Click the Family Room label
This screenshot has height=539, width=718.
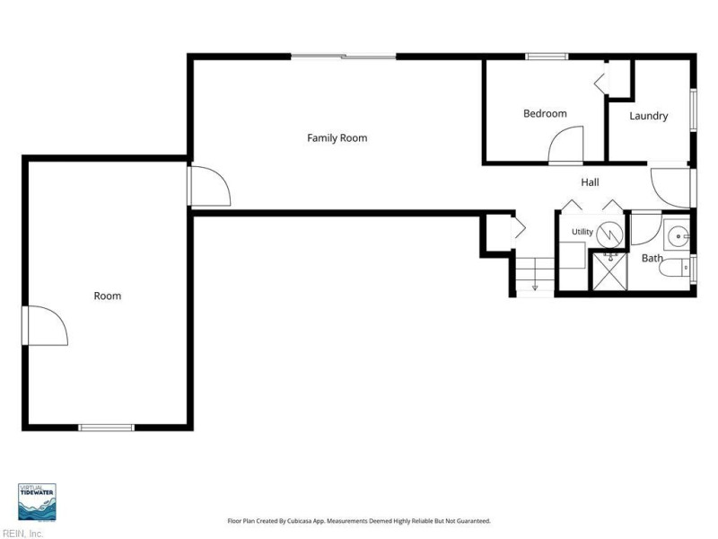tap(337, 138)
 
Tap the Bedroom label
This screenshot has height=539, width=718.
tap(545, 113)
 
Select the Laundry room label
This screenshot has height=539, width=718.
tap(648, 116)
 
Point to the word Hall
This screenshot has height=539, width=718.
tap(590, 182)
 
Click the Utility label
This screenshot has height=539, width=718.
tap(582, 232)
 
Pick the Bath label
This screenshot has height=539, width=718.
tap(652, 258)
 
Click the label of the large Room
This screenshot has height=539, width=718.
tap(108, 296)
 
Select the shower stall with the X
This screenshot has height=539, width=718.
tap(610, 272)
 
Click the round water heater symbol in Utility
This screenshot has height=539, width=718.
tap(610, 234)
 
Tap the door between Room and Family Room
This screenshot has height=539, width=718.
tap(209, 186)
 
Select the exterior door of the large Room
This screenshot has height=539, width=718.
tap(45, 325)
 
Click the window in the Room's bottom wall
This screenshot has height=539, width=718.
tap(106, 428)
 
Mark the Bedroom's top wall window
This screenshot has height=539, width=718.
tap(547, 57)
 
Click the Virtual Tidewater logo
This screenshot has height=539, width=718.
tap(37, 502)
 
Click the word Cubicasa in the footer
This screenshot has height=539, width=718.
tap(306, 521)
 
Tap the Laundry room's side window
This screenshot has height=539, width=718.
tap(693, 110)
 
